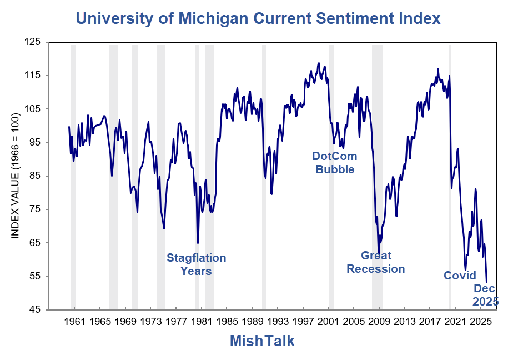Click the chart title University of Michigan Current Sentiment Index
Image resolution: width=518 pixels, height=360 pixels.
(258, 18)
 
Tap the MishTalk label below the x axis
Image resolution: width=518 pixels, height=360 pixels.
(262, 341)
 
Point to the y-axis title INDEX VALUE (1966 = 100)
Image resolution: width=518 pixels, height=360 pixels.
(16, 176)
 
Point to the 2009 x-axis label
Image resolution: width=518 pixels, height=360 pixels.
(379, 322)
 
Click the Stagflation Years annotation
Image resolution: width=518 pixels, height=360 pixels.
(197, 264)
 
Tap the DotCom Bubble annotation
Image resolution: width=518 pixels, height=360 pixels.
(335, 163)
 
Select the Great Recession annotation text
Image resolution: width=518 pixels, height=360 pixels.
(376, 262)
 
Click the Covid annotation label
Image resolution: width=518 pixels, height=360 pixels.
(460, 276)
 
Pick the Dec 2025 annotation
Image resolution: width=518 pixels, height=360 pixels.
(485, 295)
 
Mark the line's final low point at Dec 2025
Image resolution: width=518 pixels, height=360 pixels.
(487, 282)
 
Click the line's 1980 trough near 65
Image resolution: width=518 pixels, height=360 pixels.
(198, 243)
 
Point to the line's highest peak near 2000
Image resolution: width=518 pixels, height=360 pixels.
(319, 63)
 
